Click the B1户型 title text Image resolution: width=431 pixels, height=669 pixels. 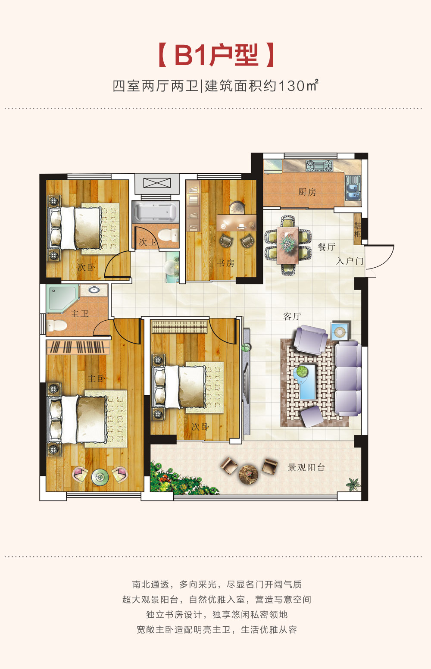(x=216, y=55)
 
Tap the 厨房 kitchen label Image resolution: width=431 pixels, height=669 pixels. (x=307, y=192)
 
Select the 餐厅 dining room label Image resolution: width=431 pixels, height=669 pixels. (x=326, y=247)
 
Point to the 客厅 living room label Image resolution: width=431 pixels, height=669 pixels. (x=292, y=316)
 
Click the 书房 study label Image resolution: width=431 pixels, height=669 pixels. (x=225, y=263)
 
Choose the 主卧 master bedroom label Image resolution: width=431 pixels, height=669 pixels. (x=97, y=379)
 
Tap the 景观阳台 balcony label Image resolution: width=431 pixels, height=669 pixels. (x=306, y=467)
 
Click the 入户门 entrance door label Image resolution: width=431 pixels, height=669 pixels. (x=350, y=261)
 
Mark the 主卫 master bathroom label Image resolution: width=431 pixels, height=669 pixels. (x=79, y=314)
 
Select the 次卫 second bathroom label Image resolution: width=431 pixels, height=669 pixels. (x=147, y=242)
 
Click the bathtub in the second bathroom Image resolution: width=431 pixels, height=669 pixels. (x=155, y=212)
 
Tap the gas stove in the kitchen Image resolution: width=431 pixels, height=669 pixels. (x=319, y=166)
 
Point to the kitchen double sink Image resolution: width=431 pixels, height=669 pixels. (x=353, y=188)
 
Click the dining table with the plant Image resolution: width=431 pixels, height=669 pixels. (x=287, y=245)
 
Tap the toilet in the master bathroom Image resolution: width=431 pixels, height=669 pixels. (x=56, y=325)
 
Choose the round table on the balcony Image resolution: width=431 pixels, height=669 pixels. (x=248, y=474)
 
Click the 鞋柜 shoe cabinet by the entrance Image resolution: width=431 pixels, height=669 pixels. (x=357, y=229)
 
